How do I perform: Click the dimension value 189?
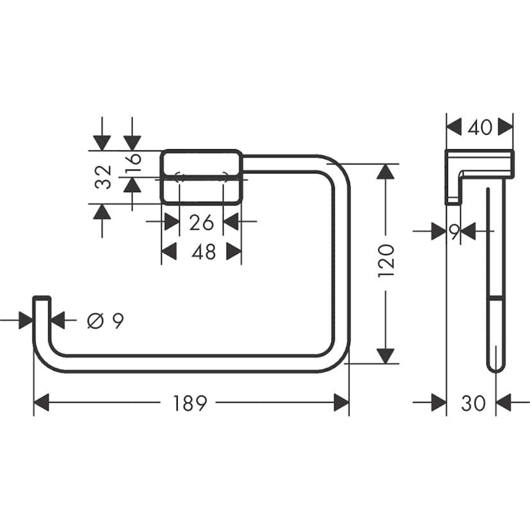tap(189, 403)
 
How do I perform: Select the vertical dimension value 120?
tap(386, 259)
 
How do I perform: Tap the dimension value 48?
tap(204, 252)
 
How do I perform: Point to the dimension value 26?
tap(201, 222)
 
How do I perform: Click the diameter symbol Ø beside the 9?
tap(94, 321)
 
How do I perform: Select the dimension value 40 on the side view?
tap(479, 127)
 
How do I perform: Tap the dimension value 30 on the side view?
tap(473, 403)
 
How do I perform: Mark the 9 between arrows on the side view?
tap(453, 232)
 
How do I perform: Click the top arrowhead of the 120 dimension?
tap(385, 172)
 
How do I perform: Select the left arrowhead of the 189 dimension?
tap(42, 403)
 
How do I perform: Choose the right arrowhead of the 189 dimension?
tap(341, 403)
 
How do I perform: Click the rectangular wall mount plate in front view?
tap(201, 177)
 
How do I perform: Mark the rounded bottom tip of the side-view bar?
tap(495, 367)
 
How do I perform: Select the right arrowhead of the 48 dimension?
tap(234, 252)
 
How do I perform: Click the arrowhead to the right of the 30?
tap(504, 403)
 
